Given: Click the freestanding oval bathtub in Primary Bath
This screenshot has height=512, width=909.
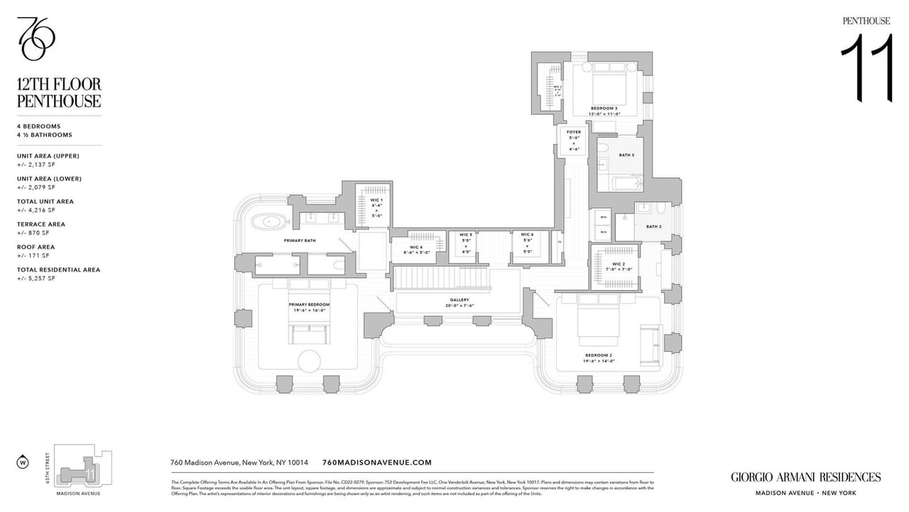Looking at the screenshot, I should point(273,222).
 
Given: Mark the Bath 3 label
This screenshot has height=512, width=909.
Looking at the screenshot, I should point(626,154).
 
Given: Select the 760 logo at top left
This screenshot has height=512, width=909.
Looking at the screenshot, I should point(36,38).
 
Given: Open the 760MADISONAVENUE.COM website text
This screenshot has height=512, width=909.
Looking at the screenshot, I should point(376,462).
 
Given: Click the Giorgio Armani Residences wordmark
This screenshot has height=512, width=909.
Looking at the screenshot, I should point(806,477).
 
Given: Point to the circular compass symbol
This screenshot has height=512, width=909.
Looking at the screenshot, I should point(22,463).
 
